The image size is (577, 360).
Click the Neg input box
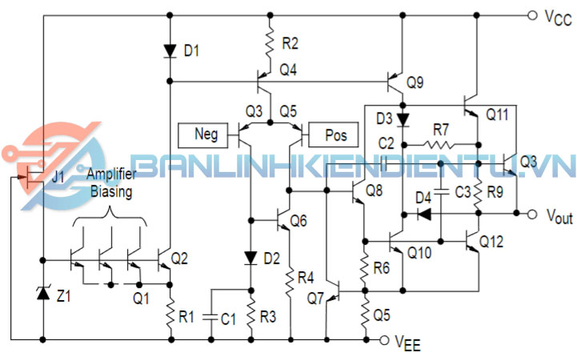pos(206,134)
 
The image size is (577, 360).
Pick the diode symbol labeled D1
pos(170,50)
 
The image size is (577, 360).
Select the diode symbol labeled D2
pos(250,258)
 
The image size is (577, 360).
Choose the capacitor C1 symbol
pos(210,318)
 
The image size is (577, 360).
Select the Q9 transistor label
pos(415,82)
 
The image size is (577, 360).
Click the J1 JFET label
pos(58,177)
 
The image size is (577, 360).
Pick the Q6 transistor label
pos(299,220)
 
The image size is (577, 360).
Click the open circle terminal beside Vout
pos(532,214)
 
